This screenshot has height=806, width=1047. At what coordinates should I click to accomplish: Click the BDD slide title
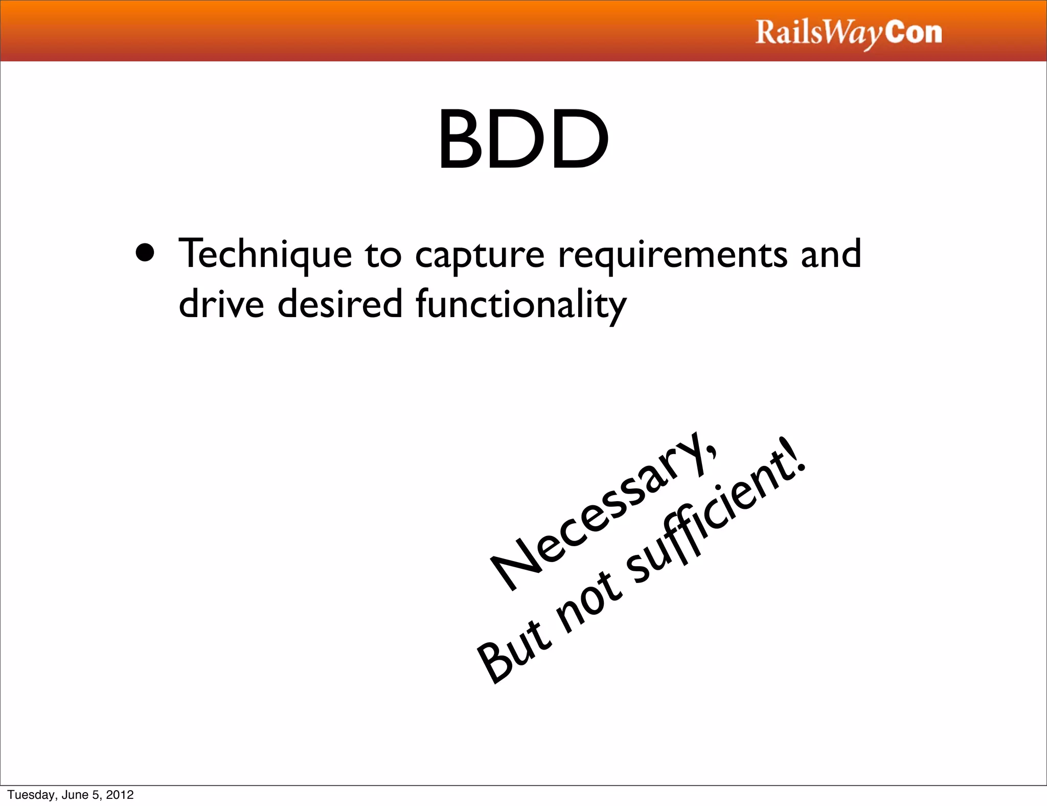coord(523,139)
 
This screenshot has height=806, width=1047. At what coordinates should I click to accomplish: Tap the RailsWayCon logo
coord(849,33)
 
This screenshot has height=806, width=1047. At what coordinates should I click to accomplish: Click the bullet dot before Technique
coord(145,252)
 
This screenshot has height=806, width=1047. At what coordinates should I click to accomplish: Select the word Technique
coord(265,254)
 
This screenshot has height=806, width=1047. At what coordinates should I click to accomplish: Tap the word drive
coord(221,304)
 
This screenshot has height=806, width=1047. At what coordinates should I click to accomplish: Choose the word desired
coord(340,304)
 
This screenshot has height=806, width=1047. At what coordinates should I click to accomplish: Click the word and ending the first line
coord(831,254)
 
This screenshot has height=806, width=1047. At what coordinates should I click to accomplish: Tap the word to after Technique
coord(383,255)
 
